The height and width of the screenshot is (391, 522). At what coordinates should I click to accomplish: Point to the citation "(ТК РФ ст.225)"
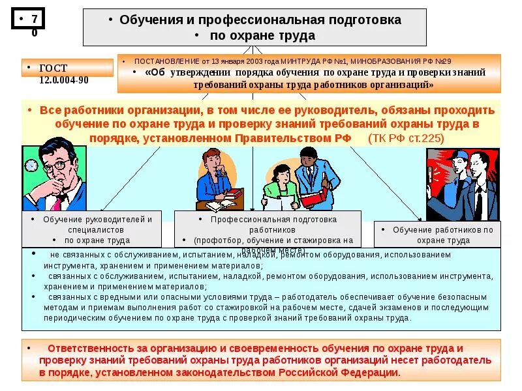[x=405, y=138]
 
